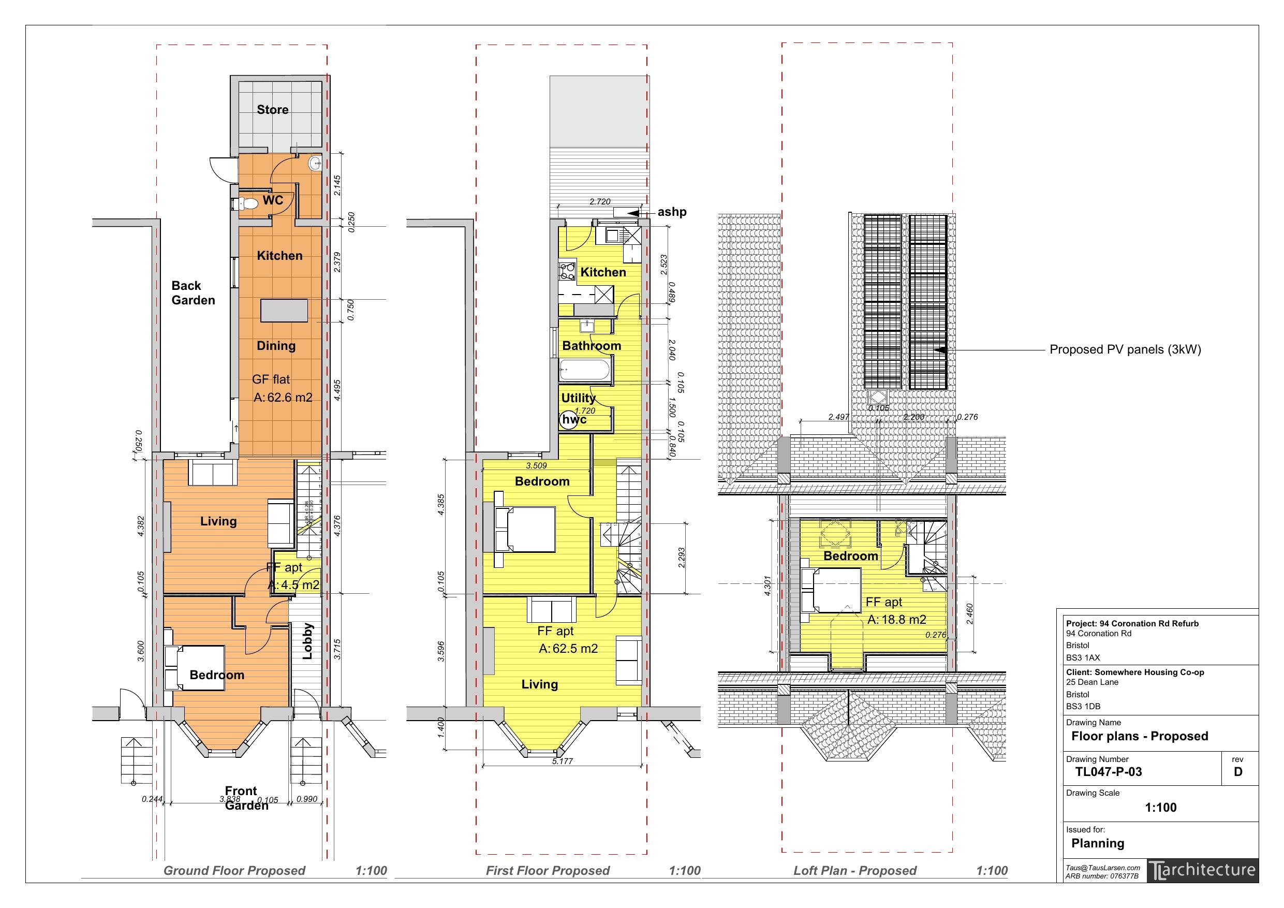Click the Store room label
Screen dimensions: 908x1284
point(272,110)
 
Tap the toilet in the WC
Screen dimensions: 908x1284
point(248,202)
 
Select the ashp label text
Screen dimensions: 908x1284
point(672,212)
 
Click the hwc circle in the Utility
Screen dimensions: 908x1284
point(569,420)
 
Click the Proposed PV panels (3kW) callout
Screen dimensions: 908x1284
point(1125,349)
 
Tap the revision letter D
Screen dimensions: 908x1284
point(1237,772)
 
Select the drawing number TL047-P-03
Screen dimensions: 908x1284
point(1109,772)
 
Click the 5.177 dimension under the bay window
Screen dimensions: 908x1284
point(562,761)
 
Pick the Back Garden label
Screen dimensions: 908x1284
point(193,293)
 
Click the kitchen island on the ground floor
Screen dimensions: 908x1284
point(284,311)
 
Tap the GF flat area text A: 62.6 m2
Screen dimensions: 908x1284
point(283,398)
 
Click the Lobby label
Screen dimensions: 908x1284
point(307,642)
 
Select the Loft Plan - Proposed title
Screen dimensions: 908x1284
point(854,871)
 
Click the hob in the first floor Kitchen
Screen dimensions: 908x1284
point(567,271)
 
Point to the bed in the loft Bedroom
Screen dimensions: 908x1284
point(832,591)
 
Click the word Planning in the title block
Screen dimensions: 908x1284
point(1097,843)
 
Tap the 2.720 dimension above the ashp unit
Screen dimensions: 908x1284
point(599,201)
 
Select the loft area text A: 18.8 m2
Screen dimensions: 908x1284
point(896,620)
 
